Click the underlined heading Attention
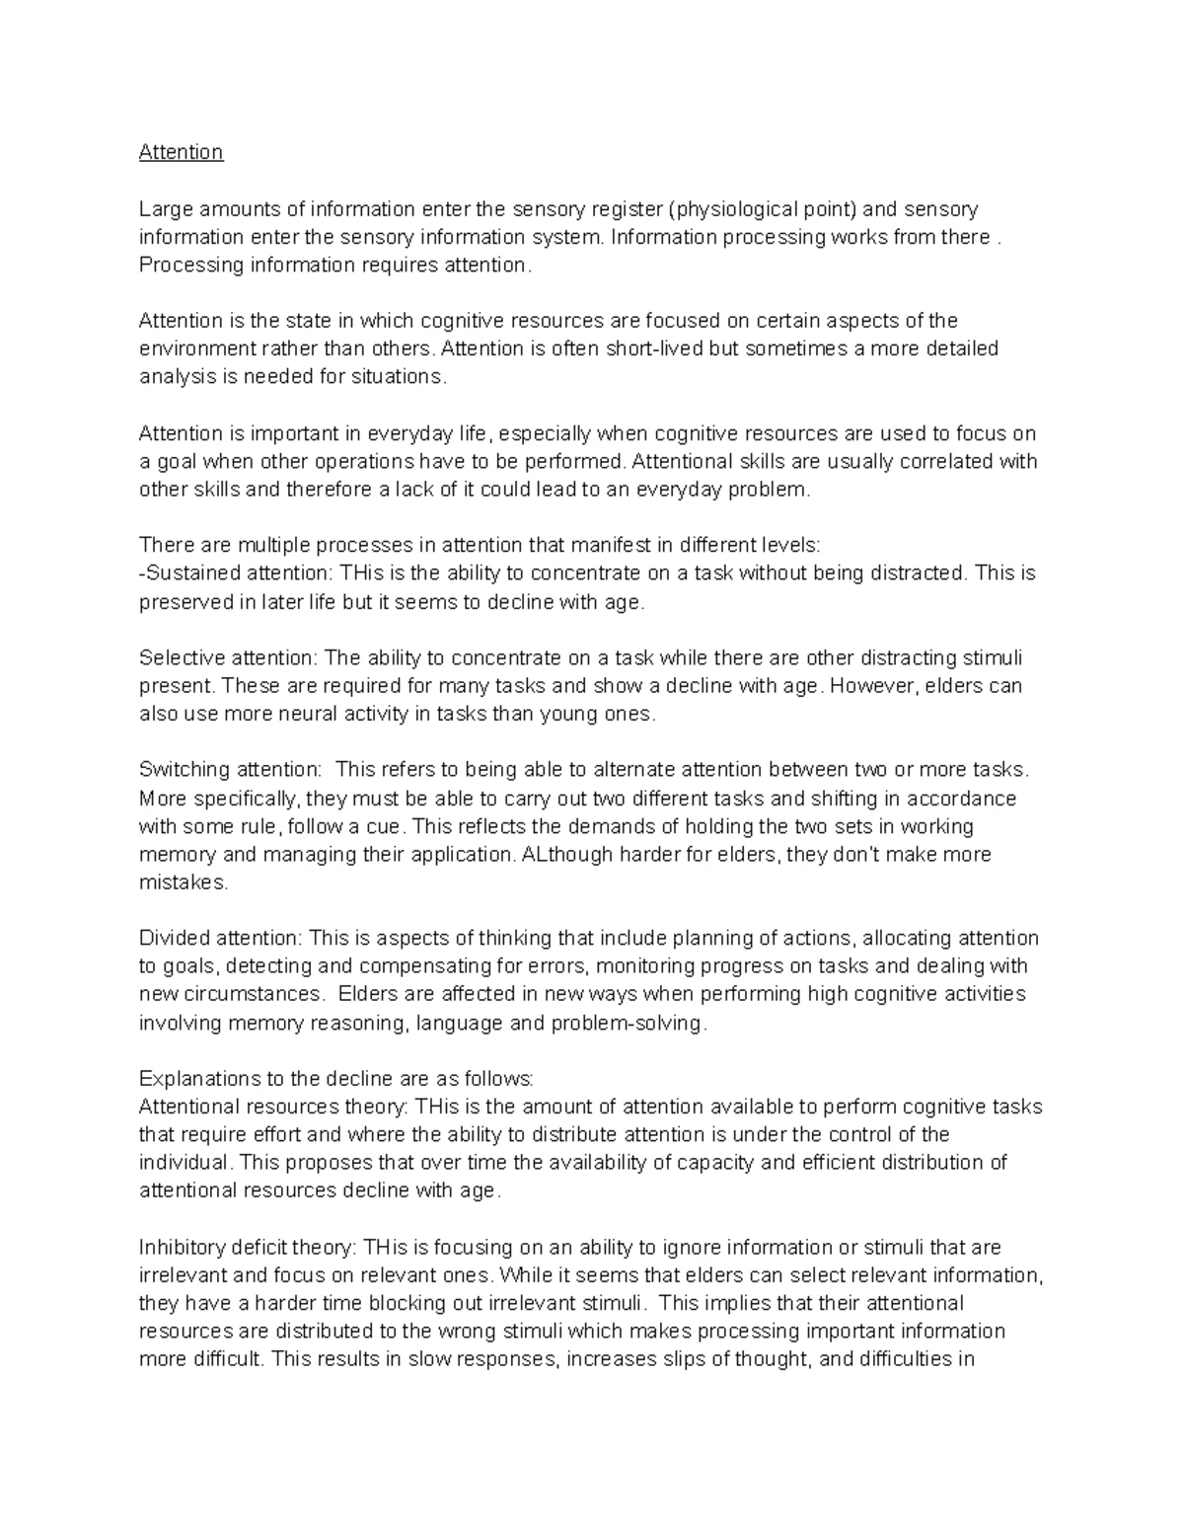point(181,152)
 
